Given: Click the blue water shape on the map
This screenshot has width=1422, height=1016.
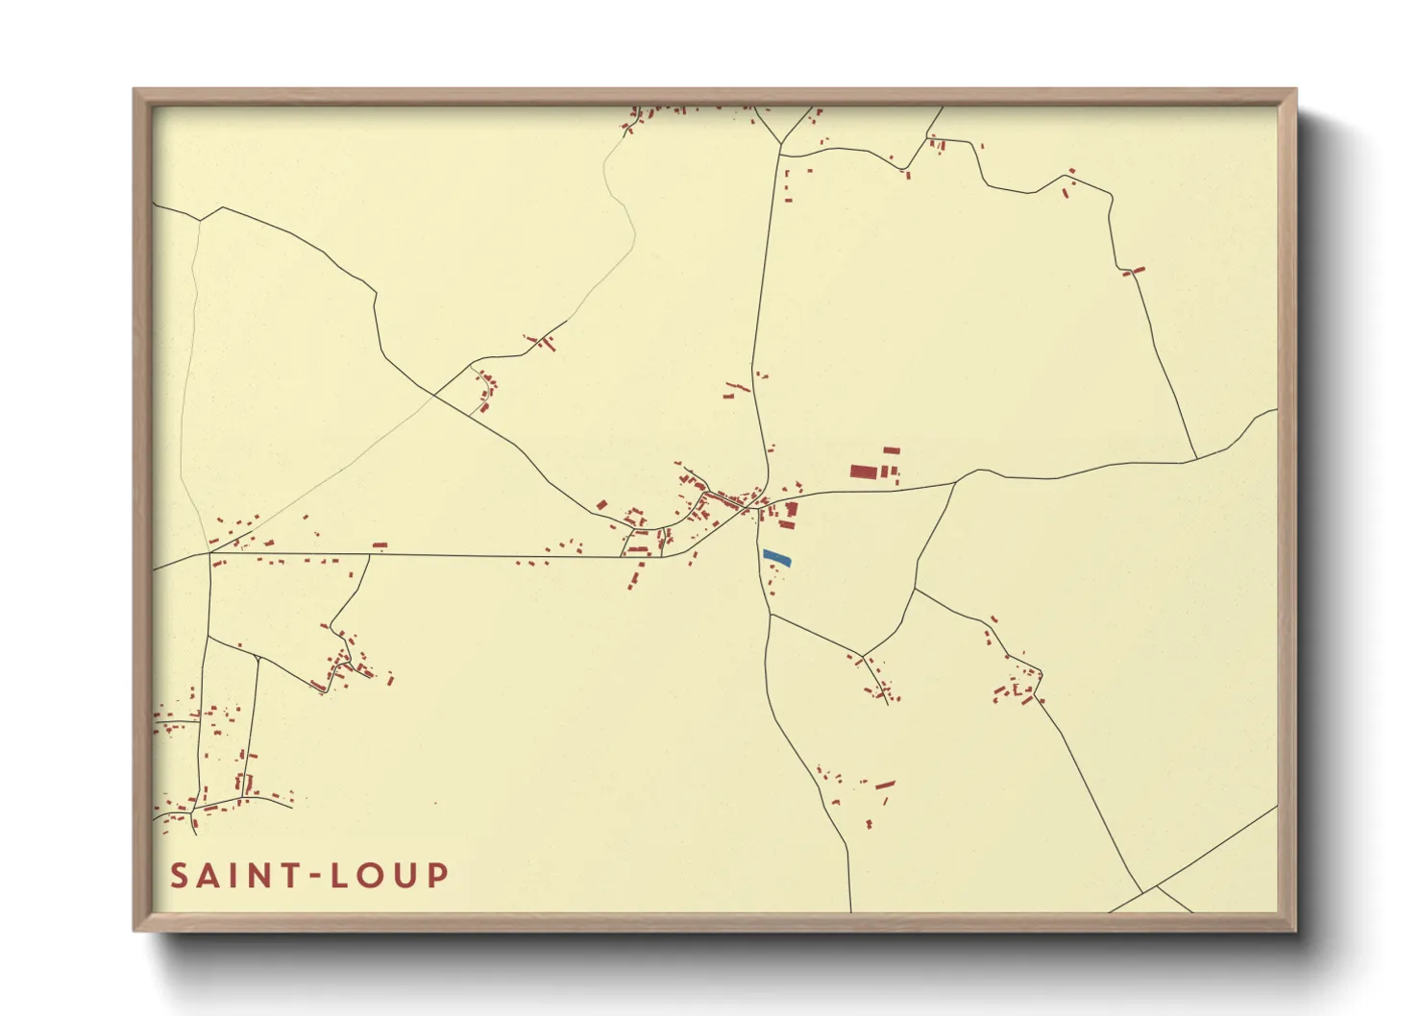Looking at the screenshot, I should coord(776,557).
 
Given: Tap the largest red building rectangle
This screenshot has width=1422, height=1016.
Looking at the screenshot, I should coord(863,472).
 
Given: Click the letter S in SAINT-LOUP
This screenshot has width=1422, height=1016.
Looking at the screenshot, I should coord(180,876).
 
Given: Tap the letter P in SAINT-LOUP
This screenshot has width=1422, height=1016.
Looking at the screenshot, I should coord(438,876).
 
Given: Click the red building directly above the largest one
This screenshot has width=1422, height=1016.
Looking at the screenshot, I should coord(892,449).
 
